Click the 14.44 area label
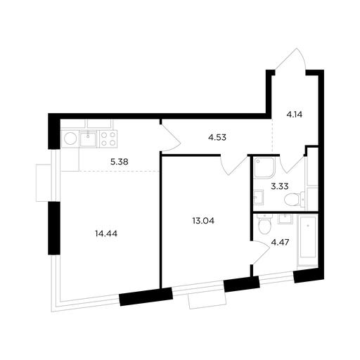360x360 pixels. (106, 233)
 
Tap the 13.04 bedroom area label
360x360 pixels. (203, 221)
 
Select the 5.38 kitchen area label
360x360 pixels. (120, 162)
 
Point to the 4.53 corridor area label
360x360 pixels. (217, 137)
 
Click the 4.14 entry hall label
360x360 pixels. (295, 115)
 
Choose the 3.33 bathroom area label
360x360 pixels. (280, 186)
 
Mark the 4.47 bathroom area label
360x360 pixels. (280, 242)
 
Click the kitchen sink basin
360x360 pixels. (88, 139)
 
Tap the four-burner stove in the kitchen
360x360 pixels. (108, 139)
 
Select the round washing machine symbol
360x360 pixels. (70, 139)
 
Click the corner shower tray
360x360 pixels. (264, 168)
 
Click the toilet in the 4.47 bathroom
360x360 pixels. (264, 224)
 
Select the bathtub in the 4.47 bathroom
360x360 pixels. (307, 240)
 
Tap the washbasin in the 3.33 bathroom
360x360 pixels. (259, 198)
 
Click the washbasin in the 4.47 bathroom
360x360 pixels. (285, 219)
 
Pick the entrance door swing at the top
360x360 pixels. (291, 58)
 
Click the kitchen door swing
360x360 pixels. (171, 139)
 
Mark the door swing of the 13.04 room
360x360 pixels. (234, 165)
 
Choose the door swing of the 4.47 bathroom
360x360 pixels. (259, 252)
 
